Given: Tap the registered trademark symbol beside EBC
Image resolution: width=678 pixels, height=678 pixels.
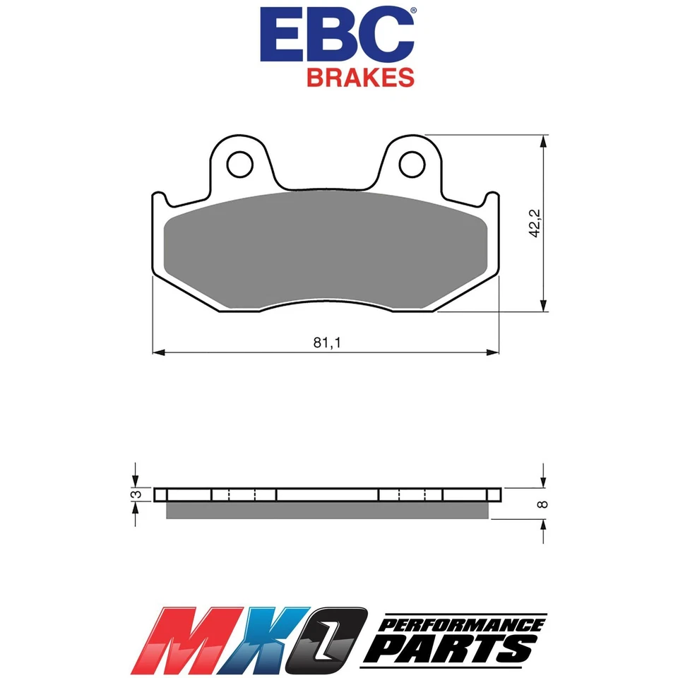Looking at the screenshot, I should tap(412, 11).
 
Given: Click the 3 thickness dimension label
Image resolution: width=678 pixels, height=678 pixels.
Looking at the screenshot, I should tap(138, 494).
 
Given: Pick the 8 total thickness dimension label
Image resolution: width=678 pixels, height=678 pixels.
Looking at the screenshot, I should tap(542, 504).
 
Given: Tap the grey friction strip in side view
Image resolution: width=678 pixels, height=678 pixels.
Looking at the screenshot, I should tap(325, 511).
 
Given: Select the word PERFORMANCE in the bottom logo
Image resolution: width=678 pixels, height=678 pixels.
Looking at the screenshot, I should tap(463, 624).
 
